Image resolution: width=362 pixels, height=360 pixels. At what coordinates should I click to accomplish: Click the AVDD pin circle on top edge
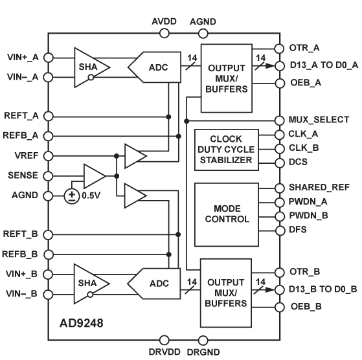(x=164, y=33)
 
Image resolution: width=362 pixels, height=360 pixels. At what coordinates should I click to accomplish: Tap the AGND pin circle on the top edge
(x=203, y=33)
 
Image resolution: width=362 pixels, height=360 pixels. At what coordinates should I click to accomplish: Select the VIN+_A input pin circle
(x=49, y=58)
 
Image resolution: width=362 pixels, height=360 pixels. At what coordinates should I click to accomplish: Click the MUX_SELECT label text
(x=319, y=120)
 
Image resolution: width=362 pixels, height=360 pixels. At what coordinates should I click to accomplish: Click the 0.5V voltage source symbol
(x=72, y=196)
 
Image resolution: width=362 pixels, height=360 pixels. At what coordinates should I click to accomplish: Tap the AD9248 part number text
(x=81, y=323)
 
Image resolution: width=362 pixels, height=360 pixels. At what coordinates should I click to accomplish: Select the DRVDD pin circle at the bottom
(x=164, y=340)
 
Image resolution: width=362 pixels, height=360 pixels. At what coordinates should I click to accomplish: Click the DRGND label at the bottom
(x=203, y=352)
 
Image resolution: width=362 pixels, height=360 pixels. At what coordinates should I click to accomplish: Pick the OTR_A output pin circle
(x=279, y=49)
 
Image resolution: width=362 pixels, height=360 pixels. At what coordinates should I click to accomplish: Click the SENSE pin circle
(x=49, y=176)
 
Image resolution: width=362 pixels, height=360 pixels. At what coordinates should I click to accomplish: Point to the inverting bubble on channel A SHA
(x=91, y=78)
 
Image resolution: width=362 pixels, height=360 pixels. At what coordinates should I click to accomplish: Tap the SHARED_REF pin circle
(x=280, y=188)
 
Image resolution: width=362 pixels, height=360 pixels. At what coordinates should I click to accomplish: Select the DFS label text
(x=298, y=230)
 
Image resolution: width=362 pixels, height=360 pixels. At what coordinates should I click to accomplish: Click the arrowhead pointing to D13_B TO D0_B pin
(x=269, y=289)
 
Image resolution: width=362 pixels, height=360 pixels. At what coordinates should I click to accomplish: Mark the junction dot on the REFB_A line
(x=178, y=136)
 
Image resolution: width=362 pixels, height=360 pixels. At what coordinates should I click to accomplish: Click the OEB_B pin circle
(x=280, y=307)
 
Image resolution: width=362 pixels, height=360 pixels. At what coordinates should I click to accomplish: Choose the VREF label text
(x=27, y=155)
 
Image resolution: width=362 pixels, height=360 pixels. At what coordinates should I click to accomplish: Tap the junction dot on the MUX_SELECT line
(x=187, y=121)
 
